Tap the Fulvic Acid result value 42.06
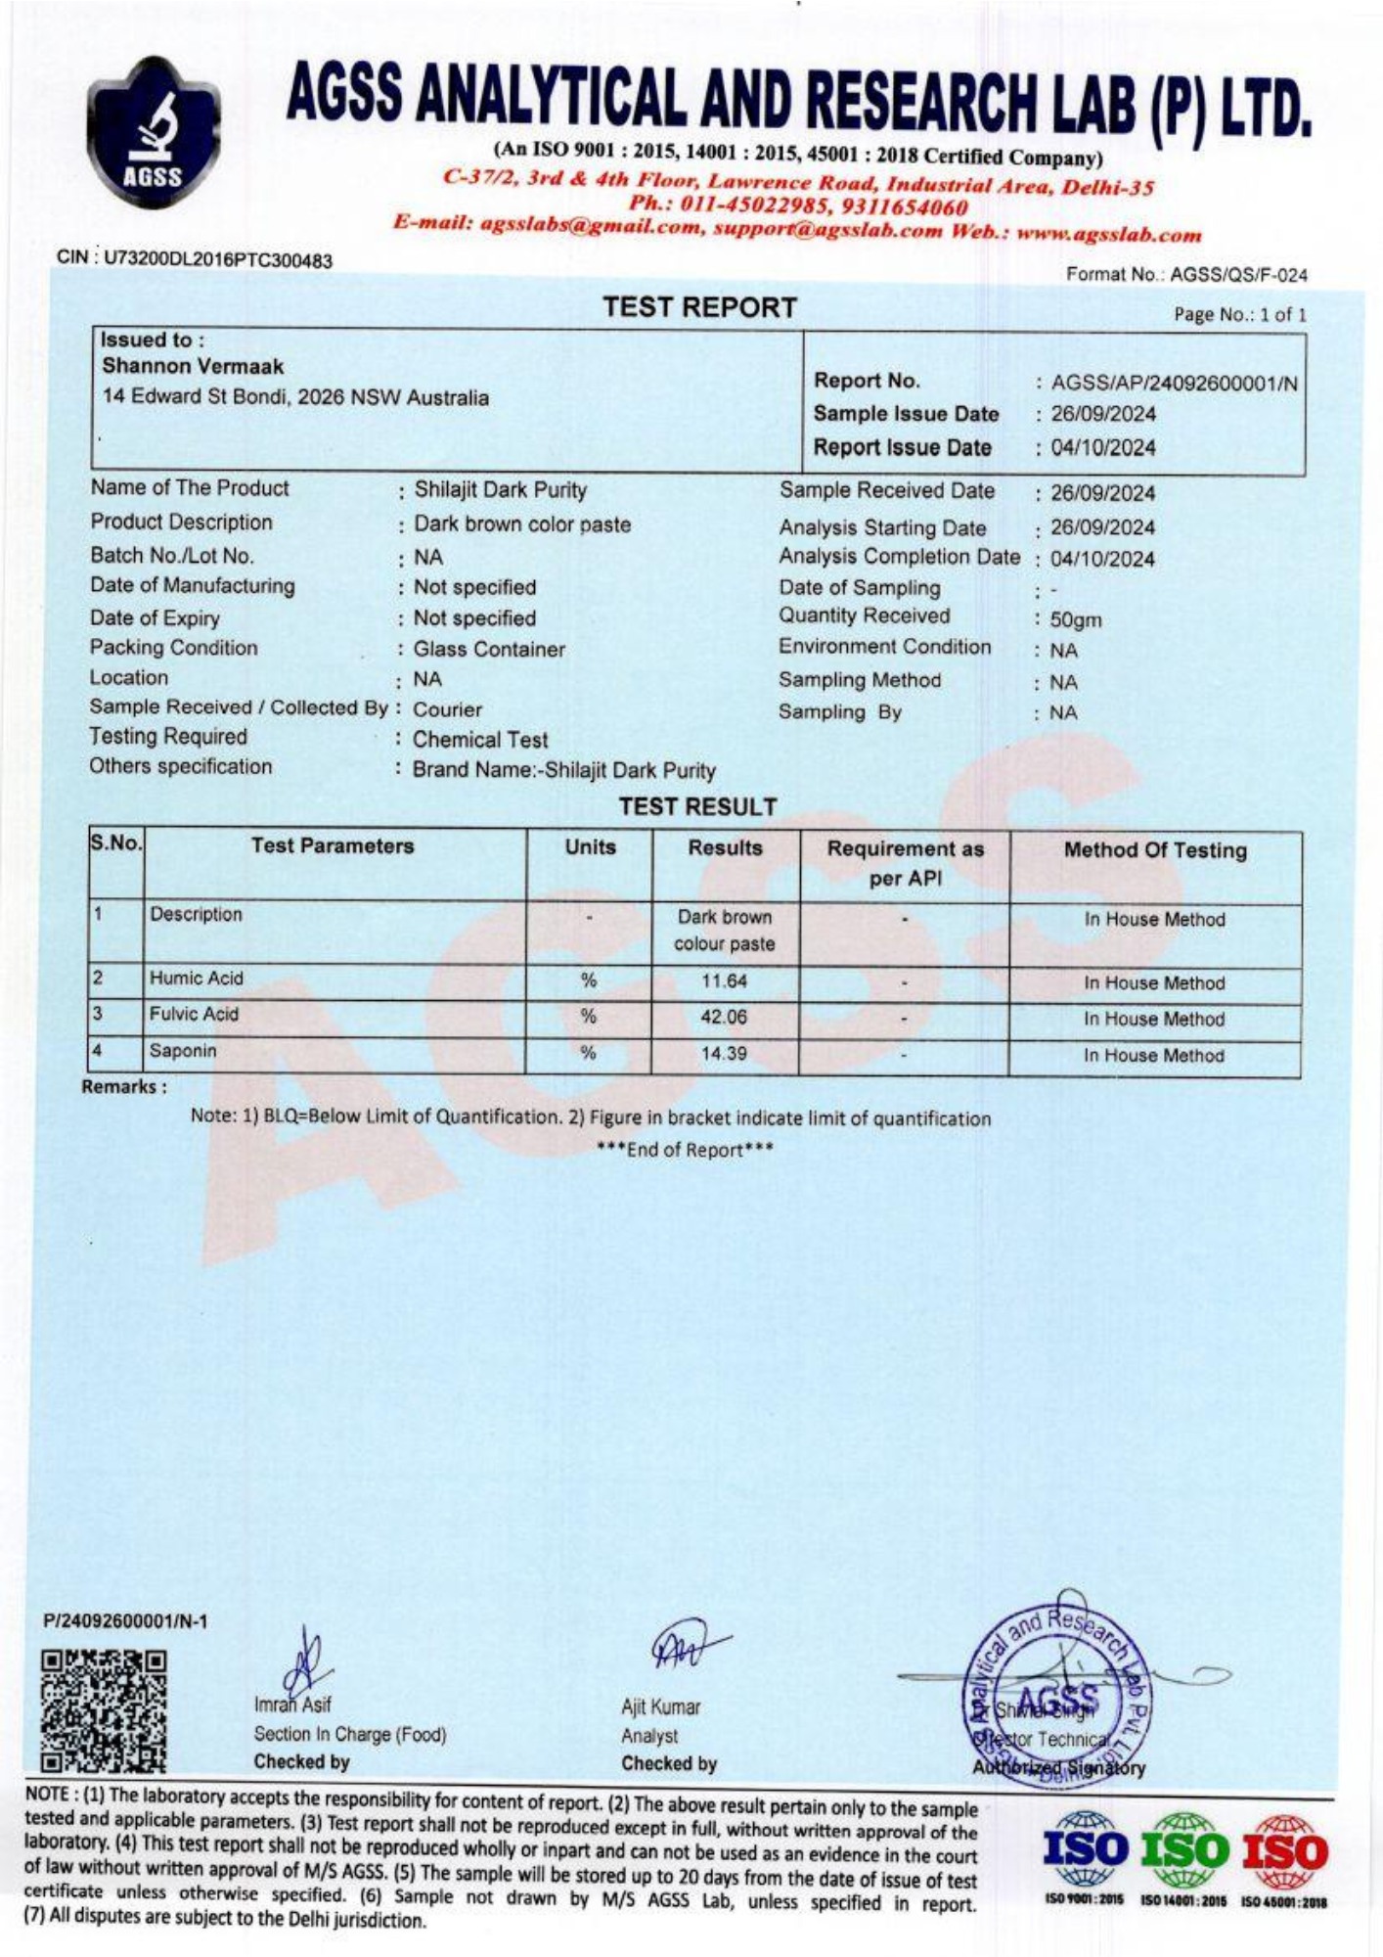pos(724,1017)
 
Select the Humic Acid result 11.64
pos(724,980)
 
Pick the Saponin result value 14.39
pos(724,1054)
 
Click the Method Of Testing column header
pos(1155,849)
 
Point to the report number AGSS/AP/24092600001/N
pos(1174,384)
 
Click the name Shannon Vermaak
pos(193,367)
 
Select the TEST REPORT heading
pos(699,308)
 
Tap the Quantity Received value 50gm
pos(1076,619)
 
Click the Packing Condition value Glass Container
pos(489,649)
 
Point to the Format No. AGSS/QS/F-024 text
pos(1186,275)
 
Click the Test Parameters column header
pos(333,846)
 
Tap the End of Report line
pos(685,1150)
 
